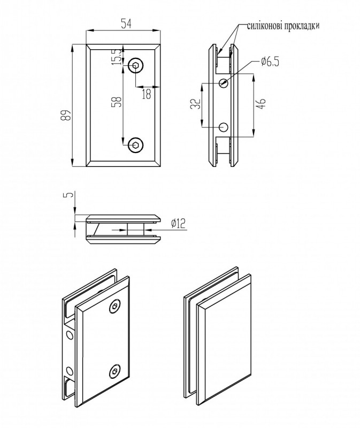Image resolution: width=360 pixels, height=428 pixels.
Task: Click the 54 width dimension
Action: (126, 23)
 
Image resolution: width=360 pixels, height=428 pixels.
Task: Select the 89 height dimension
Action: (65, 114)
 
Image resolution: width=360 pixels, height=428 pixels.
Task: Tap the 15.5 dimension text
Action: (116, 57)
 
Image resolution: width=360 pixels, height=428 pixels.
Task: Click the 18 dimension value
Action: (146, 94)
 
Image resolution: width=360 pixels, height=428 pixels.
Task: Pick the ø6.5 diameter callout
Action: (270, 62)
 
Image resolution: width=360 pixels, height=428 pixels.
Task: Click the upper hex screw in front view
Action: (136, 65)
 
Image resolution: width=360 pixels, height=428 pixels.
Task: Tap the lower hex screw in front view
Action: (136, 144)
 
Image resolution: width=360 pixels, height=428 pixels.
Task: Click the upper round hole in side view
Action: (224, 82)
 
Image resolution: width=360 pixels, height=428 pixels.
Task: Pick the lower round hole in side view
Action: (224, 127)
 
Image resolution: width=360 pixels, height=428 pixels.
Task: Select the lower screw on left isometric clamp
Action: (114, 371)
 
